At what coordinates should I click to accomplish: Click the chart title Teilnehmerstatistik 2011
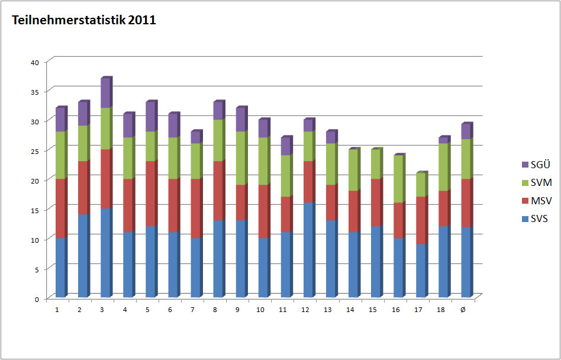(84, 20)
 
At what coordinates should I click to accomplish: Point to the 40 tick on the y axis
(35, 62)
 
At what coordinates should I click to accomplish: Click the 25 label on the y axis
(35, 151)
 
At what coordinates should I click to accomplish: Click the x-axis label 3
(102, 310)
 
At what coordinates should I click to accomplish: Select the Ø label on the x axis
(462, 310)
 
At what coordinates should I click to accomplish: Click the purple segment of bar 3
(106, 93)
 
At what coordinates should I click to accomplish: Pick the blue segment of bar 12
(308, 250)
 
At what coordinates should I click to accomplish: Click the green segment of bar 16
(398, 179)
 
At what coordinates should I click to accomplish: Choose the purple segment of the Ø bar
(466, 131)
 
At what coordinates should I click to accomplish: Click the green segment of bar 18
(443, 167)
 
